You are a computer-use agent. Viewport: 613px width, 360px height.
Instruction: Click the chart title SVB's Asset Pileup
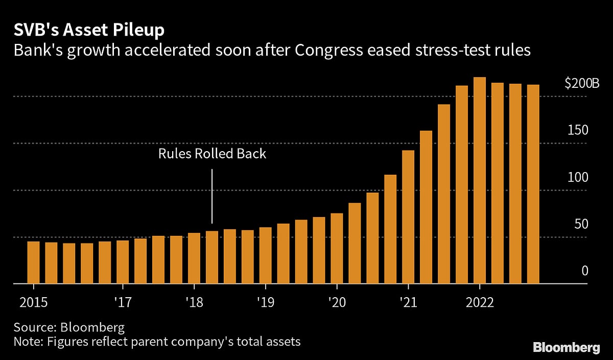click(89, 30)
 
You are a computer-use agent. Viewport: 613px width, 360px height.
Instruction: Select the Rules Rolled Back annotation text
click(212, 154)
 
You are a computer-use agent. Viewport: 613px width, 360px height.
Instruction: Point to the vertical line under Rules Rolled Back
click(212, 197)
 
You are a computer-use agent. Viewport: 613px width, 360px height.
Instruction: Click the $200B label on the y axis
click(581, 84)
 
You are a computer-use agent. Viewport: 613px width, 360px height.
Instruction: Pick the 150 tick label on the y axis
click(578, 130)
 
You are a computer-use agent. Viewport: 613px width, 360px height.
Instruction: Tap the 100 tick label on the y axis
click(578, 177)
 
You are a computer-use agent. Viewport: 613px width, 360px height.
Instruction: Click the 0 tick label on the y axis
click(585, 271)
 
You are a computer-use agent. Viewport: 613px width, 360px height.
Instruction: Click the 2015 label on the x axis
click(33, 302)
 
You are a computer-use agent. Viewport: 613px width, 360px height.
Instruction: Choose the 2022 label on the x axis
click(479, 302)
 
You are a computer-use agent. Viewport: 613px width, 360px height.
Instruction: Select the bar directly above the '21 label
click(408, 217)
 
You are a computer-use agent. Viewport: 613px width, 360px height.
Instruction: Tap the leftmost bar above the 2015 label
click(33, 262)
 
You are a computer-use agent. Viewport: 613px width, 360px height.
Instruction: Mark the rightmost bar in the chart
click(533, 184)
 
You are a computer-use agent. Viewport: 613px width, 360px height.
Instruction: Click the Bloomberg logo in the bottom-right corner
click(567, 348)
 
